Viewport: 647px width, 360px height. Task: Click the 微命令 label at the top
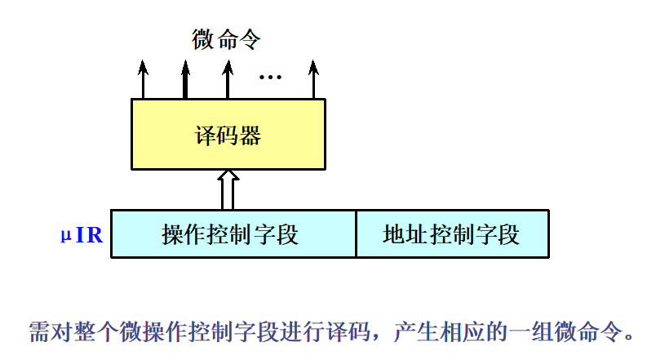[x=227, y=39]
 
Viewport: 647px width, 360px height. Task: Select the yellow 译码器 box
[x=228, y=135]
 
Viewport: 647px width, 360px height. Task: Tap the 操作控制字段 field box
[x=233, y=235]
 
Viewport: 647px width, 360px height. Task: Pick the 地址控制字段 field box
[x=451, y=235]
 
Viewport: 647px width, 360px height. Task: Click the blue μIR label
[x=82, y=236]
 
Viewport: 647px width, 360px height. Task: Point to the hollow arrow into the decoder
[x=228, y=189]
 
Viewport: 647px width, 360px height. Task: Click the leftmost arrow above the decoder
[x=144, y=79]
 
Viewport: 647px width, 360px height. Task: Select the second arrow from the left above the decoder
[x=185, y=79]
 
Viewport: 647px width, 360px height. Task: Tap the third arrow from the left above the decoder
[x=227, y=79]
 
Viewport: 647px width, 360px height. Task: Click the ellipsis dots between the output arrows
[x=270, y=78]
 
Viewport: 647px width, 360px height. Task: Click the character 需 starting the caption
[x=39, y=331]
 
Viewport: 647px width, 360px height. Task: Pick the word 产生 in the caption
[x=416, y=331]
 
